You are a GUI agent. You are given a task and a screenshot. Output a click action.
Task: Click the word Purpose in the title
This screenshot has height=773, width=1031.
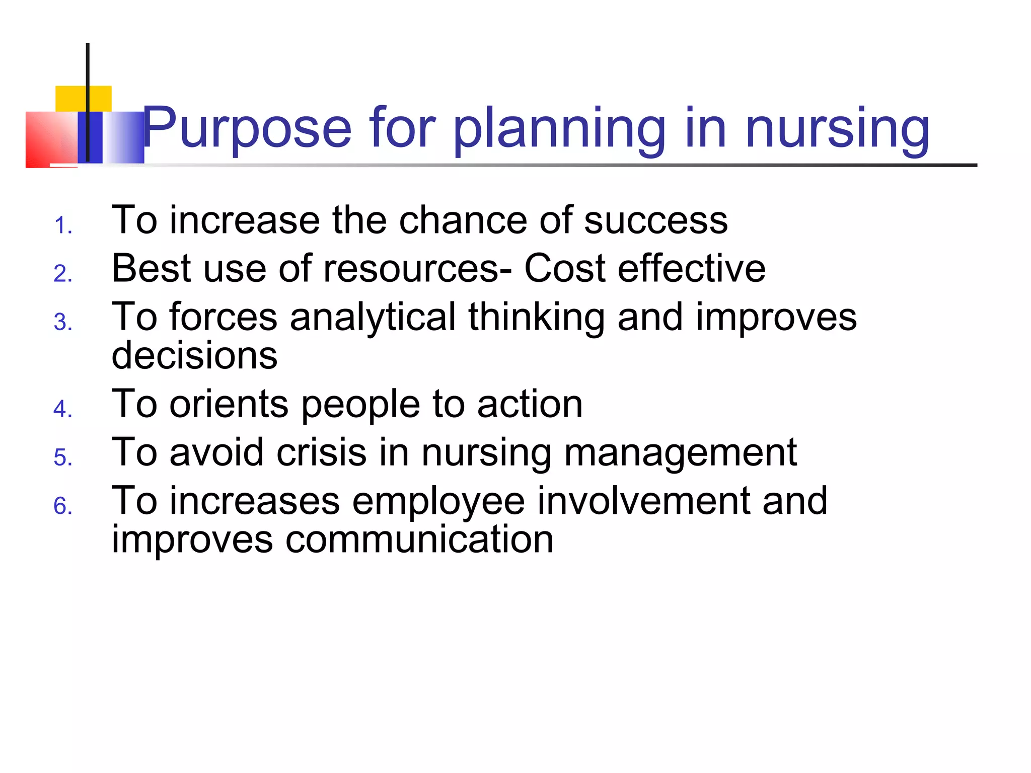click(x=247, y=128)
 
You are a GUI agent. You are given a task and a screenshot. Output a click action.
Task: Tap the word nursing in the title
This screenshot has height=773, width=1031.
click(x=837, y=128)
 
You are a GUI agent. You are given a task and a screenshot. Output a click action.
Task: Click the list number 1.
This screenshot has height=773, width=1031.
click(x=63, y=225)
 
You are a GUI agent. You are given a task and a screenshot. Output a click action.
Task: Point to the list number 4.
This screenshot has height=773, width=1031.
click(x=63, y=409)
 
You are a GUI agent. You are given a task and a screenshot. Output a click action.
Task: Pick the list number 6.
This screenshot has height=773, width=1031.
click(x=63, y=506)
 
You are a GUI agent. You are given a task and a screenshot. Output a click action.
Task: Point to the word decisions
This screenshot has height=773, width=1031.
click(x=194, y=355)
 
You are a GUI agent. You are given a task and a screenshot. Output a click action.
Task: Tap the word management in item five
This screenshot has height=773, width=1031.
click(x=680, y=453)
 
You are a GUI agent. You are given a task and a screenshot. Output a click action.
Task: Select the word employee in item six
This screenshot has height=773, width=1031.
click(x=438, y=501)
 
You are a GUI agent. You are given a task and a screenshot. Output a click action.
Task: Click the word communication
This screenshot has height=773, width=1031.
click(x=419, y=539)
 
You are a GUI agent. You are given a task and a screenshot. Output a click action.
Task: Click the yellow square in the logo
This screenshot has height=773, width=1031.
click(x=70, y=98)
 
